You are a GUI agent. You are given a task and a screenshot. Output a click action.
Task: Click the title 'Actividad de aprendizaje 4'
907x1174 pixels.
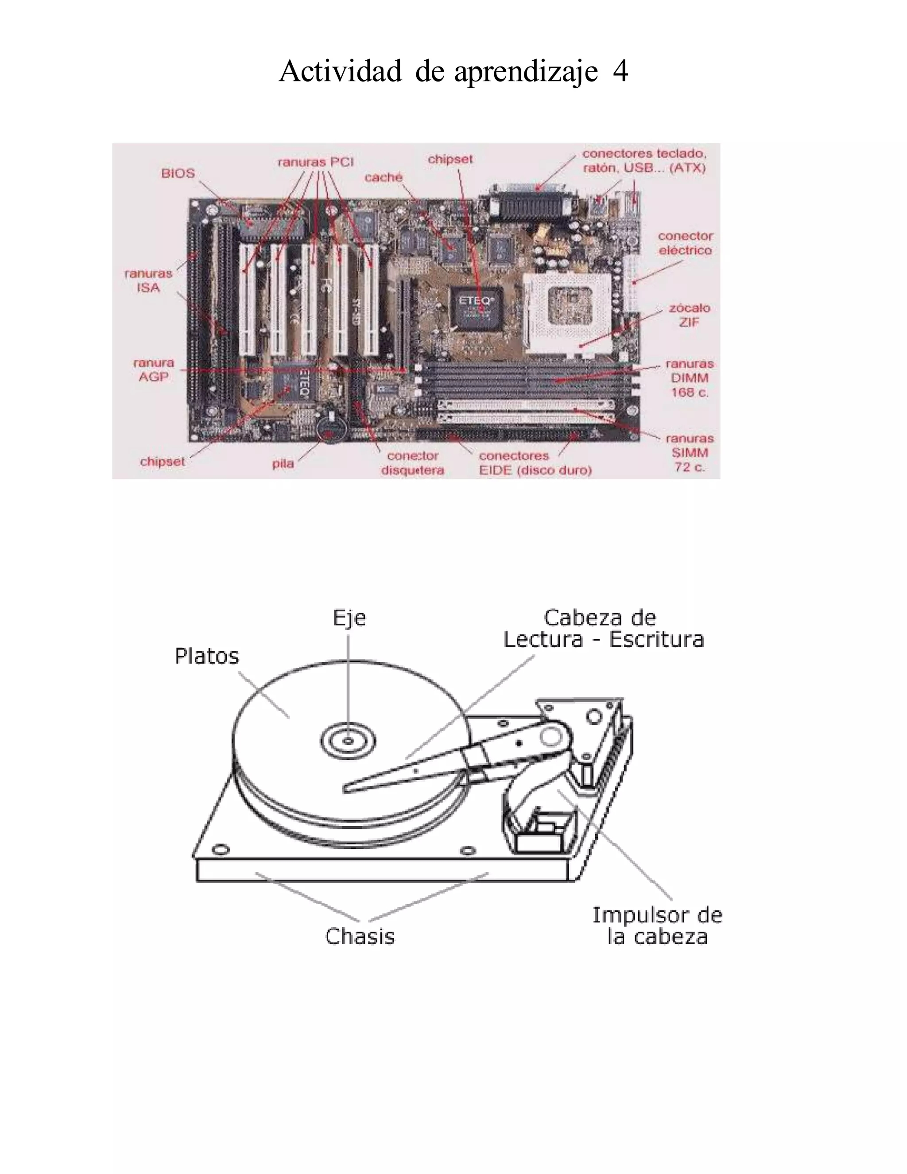[453, 71]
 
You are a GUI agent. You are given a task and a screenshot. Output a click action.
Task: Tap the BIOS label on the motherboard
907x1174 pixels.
[178, 174]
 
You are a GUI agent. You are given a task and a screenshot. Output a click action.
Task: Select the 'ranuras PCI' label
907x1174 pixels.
[315, 162]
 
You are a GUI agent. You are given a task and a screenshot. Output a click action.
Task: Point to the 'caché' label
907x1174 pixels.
[383, 177]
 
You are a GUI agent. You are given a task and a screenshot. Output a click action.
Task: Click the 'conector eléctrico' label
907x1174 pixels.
[685, 243]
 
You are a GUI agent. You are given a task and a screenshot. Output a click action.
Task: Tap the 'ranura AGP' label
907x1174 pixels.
[154, 370]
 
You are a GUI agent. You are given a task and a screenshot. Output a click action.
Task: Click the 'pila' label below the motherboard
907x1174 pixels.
[283, 463]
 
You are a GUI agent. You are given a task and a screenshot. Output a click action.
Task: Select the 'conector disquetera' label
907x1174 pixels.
[413, 463]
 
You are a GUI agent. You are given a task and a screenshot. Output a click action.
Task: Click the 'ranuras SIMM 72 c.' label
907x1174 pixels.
[690, 453]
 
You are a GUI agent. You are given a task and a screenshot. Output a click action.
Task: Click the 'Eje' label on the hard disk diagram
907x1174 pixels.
[349, 618]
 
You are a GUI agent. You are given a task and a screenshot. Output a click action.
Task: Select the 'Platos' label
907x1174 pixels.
[207, 657]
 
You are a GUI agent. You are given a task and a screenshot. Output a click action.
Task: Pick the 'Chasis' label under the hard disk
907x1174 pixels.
[360, 937]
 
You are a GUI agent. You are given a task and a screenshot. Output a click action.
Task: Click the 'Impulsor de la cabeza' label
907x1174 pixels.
[657, 925]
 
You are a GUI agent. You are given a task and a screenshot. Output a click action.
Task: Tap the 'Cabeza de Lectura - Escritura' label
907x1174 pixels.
[603, 628]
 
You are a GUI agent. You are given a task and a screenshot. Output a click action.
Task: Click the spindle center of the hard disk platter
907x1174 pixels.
[349, 741]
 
